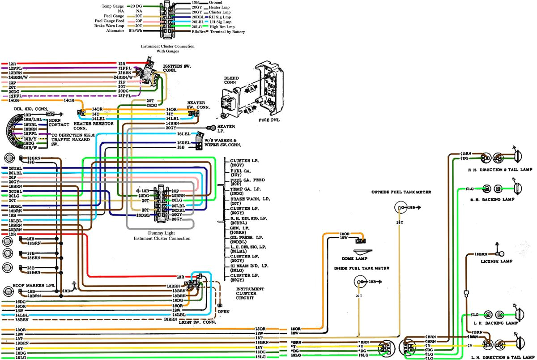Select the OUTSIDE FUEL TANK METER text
tap(401, 192)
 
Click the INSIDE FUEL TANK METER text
tap(361, 268)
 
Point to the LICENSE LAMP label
tap(496, 261)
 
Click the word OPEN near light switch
tap(224, 312)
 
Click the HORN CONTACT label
tap(58, 122)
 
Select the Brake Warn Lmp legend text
tap(109, 26)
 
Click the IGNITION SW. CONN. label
tap(177, 68)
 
